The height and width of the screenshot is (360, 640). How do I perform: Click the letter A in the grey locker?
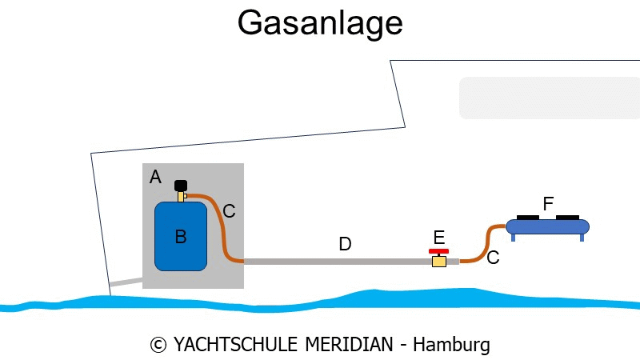155,177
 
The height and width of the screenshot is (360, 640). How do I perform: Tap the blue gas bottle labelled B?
181,236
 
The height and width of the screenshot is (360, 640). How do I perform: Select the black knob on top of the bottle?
181,186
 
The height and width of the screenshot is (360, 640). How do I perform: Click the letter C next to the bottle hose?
229,211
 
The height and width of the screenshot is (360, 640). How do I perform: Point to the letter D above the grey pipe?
345,244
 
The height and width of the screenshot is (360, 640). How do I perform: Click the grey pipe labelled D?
338,262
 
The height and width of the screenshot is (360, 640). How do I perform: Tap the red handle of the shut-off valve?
438,251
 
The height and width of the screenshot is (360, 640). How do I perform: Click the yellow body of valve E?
439,261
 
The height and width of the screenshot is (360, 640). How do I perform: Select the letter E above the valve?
438,238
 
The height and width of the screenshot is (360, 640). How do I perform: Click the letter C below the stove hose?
493,258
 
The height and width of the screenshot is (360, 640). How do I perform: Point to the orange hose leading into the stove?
486,243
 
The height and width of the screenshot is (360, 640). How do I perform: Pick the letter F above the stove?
548,203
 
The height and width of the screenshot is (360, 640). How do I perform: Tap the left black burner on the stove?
528,218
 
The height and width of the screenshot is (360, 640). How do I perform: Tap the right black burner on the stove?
567,218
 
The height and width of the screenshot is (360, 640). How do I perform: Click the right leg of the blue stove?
582,237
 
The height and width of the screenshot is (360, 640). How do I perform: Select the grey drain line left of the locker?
126,282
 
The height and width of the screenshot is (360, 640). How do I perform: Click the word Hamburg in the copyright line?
451,345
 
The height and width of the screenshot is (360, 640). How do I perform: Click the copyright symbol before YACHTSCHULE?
158,346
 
